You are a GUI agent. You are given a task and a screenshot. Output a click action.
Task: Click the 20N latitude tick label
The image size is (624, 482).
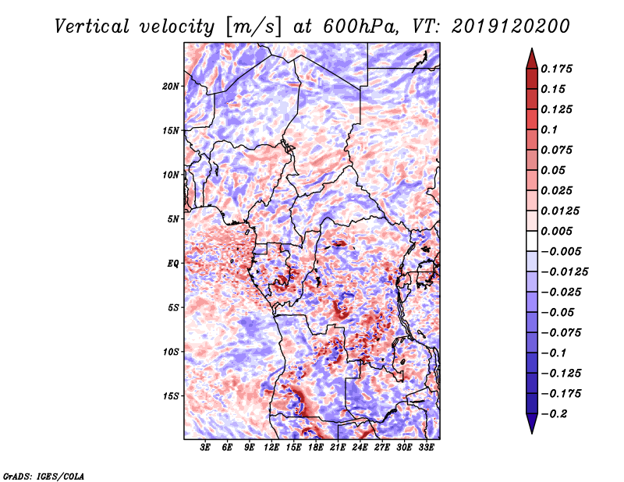171,86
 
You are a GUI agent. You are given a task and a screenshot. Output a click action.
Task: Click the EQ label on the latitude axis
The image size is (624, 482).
172,264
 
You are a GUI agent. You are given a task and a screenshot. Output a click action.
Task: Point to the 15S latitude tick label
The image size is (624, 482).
171,396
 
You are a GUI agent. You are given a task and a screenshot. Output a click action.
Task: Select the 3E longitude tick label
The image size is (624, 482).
205,448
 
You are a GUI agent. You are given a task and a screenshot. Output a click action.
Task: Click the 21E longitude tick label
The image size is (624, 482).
339,448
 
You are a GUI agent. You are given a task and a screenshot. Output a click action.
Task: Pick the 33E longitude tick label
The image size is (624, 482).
427,448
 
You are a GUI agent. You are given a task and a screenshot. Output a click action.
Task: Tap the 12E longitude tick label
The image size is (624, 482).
272,448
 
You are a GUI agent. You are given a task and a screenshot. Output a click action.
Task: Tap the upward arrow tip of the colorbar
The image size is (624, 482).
531,50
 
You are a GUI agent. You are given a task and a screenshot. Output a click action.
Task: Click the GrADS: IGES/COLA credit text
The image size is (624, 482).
44,475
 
